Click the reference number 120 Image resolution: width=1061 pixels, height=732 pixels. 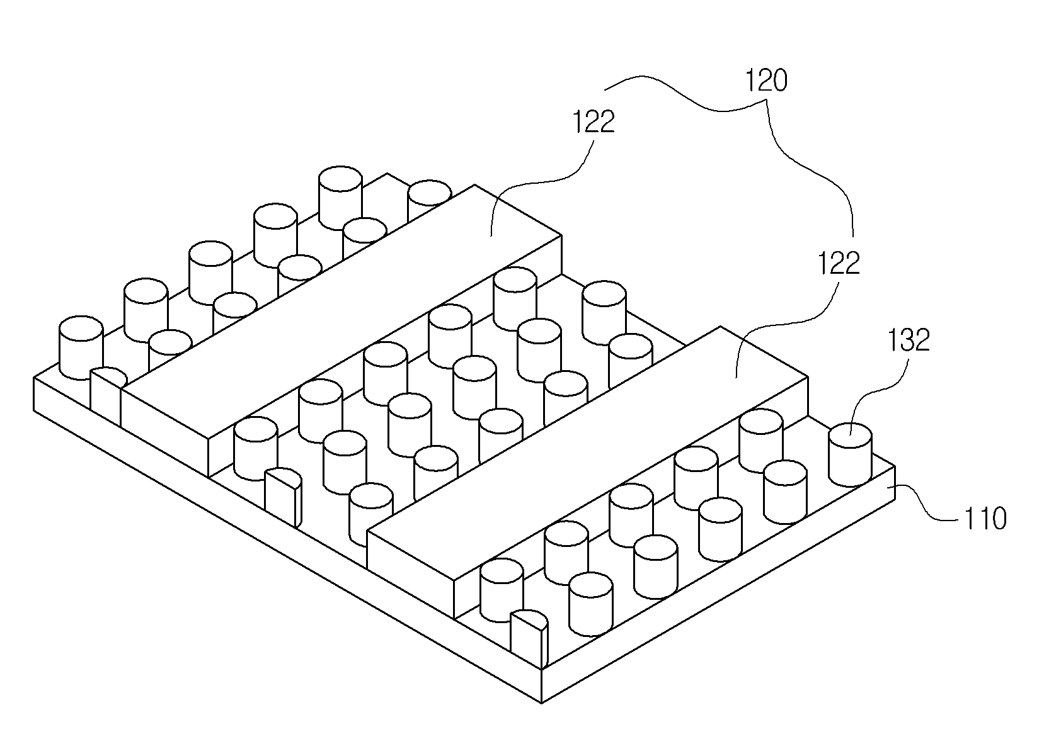(x=766, y=81)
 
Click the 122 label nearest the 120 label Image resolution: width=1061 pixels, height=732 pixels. (x=594, y=121)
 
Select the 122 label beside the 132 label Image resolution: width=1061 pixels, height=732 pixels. (x=839, y=264)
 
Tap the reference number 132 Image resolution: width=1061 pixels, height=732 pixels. (x=909, y=341)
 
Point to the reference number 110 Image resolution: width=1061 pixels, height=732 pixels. (x=985, y=519)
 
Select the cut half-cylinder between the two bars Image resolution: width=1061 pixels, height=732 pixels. (x=283, y=497)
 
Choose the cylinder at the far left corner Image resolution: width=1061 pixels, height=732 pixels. (x=81, y=347)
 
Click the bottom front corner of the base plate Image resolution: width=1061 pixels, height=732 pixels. (x=541, y=703)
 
